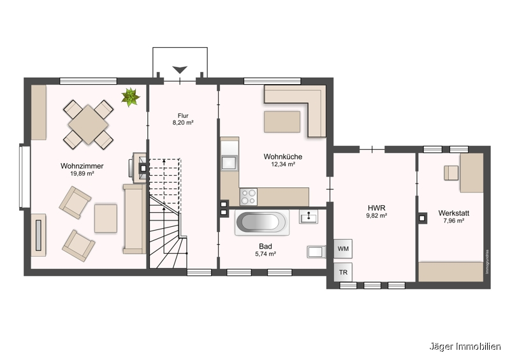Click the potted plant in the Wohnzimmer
(x=131, y=97)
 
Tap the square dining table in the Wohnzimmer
(x=88, y=124)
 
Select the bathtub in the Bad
(x=262, y=222)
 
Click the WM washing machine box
(x=343, y=248)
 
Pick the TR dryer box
(x=343, y=272)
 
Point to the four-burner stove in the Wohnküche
(x=249, y=197)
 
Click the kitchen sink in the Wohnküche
(x=229, y=163)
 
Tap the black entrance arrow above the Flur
(x=180, y=69)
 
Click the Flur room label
(x=183, y=116)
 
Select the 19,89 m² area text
(x=82, y=174)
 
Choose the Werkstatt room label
(x=454, y=213)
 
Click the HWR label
(x=377, y=208)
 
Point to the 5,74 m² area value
(x=266, y=254)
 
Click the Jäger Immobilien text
(x=465, y=347)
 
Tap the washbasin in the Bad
(x=309, y=217)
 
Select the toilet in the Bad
(x=316, y=252)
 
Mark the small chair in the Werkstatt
(x=451, y=173)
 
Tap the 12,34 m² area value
(x=283, y=164)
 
